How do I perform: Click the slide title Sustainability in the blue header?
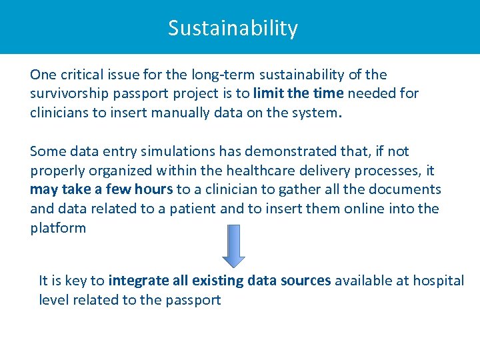233,28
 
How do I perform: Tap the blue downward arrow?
233,245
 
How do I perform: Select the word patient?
189,209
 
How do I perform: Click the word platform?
58,228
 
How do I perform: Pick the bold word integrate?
138,281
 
